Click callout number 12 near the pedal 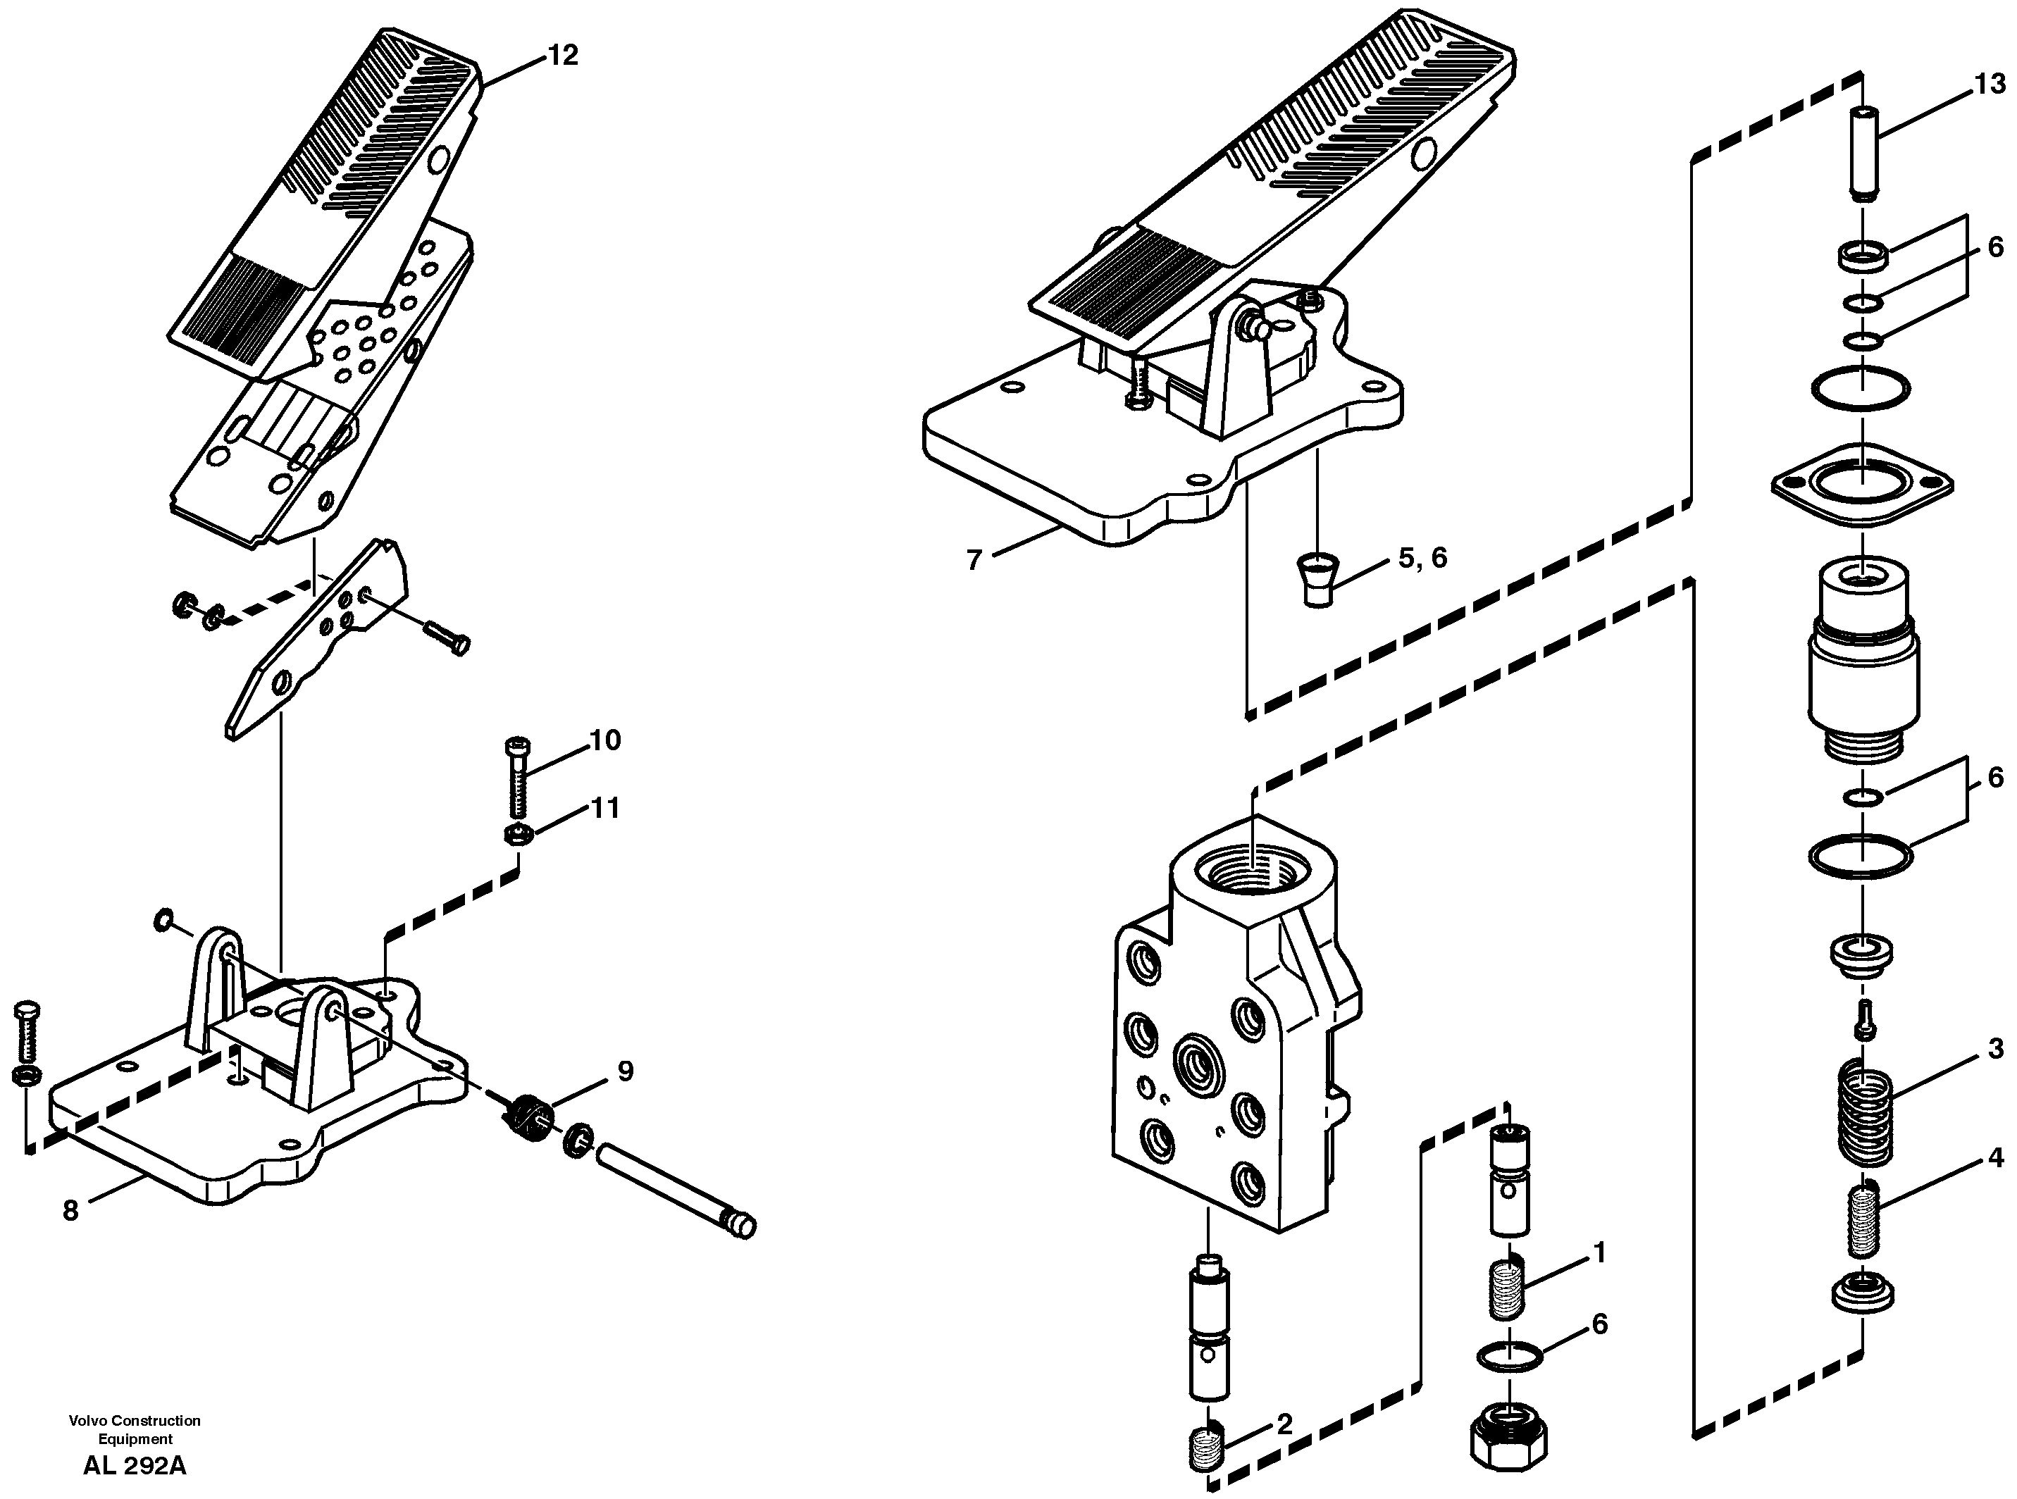(561, 56)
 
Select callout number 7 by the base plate (974, 561)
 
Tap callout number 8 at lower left (70, 1210)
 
